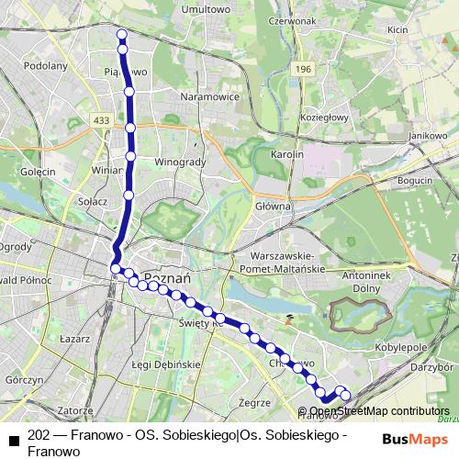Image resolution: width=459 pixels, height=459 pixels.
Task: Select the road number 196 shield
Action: point(304,69)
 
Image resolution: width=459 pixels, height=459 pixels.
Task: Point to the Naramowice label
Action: point(208,95)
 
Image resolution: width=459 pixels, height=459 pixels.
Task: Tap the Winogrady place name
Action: point(178,162)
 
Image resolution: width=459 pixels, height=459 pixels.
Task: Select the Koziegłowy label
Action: point(323,117)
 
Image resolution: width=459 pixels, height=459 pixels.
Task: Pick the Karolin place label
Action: point(286,154)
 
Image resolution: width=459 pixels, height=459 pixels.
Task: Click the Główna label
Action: point(273,207)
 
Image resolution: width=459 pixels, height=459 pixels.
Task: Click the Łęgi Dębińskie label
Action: point(165,364)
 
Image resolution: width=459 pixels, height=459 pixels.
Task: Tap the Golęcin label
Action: point(39,172)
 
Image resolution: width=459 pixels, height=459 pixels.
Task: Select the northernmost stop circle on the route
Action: point(121,34)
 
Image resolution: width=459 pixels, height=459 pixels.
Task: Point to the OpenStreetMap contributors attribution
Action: point(379,411)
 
